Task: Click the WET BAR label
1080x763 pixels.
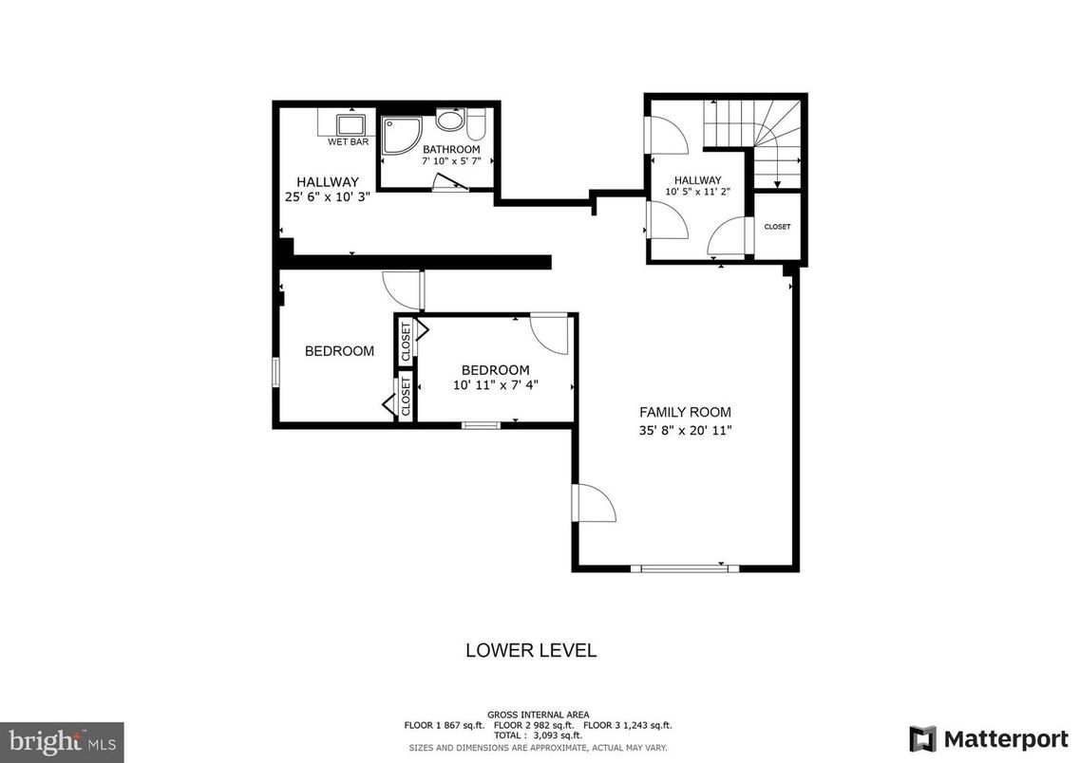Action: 348,142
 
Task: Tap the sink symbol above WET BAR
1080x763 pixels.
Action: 351,125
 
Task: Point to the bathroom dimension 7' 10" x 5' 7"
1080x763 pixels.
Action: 451,162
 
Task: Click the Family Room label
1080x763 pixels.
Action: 685,412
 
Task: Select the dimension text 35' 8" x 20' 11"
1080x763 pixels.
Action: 685,430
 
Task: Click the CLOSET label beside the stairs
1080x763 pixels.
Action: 777,227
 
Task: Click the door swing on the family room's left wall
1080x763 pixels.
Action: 594,503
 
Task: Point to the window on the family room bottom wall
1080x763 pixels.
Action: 684,568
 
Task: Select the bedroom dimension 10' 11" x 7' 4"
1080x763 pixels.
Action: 495,385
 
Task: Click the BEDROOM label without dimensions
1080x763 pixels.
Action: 339,351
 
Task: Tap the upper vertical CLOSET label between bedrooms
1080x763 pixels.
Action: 406,340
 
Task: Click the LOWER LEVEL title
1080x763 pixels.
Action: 530,651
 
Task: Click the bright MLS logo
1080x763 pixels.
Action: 62,740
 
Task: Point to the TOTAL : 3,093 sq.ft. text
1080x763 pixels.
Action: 538,735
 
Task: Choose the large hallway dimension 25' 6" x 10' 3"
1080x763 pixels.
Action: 327,197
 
